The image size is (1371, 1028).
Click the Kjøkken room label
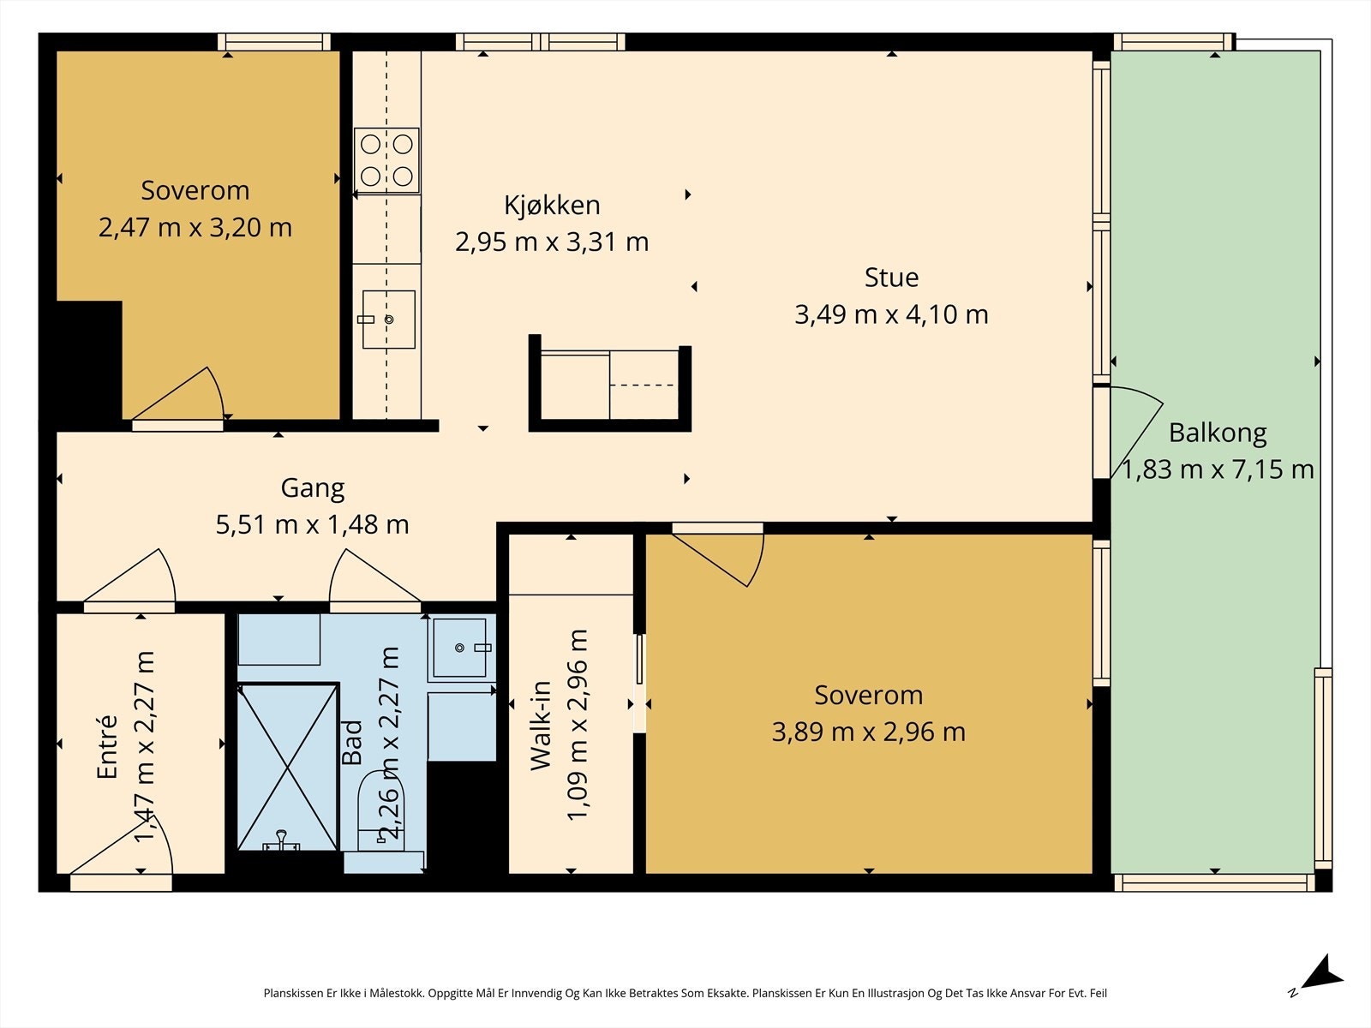click(x=552, y=206)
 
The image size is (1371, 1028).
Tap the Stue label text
click(x=891, y=278)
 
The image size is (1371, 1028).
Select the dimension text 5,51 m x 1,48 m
click(x=312, y=524)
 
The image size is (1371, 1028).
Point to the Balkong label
click(x=1218, y=433)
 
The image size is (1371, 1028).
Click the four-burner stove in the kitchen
click(x=386, y=160)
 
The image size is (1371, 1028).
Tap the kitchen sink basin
click(x=388, y=319)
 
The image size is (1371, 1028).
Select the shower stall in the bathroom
click(x=288, y=767)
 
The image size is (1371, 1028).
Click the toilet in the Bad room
click(x=380, y=811)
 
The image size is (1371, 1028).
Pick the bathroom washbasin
click(x=460, y=648)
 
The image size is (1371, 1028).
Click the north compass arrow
click(x=1318, y=988)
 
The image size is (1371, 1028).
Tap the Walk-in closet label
click(x=541, y=726)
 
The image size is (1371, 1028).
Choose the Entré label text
click(x=107, y=747)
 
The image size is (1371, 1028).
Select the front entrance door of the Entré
click(x=121, y=850)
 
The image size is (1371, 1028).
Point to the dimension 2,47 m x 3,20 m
click(x=195, y=227)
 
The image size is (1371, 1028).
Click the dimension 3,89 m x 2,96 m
click(x=868, y=732)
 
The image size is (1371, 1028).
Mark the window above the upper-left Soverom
click(x=274, y=42)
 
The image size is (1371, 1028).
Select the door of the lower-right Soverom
click(x=718, y=555)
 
